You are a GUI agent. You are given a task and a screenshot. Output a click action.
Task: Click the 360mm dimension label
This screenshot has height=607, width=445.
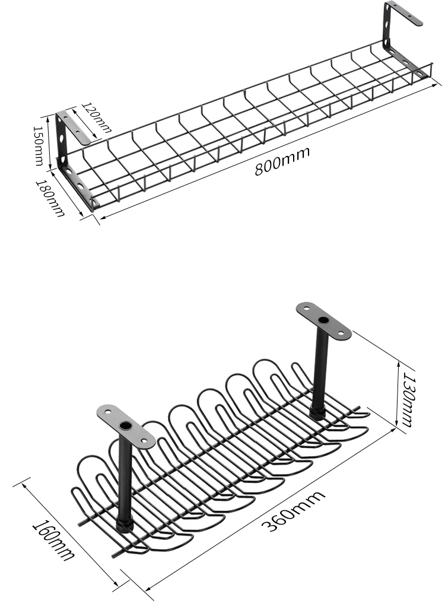pyautogui.click(x=293, y=511)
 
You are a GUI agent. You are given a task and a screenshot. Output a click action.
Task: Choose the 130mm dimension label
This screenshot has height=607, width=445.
pyautogui.click(x=406, y=398)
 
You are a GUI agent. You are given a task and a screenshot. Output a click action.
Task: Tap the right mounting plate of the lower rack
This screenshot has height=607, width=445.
pyautogui.click(x=324, y=320)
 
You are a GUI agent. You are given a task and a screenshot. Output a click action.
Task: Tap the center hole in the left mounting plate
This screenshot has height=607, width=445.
pyautogui.click(x=126, y=427)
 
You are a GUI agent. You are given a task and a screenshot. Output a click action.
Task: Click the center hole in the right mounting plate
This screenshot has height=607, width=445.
pyautogui.click(x=323, y=321)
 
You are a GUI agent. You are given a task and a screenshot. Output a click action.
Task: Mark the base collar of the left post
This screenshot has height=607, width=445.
pyautogui.click(x=125, y=525)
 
